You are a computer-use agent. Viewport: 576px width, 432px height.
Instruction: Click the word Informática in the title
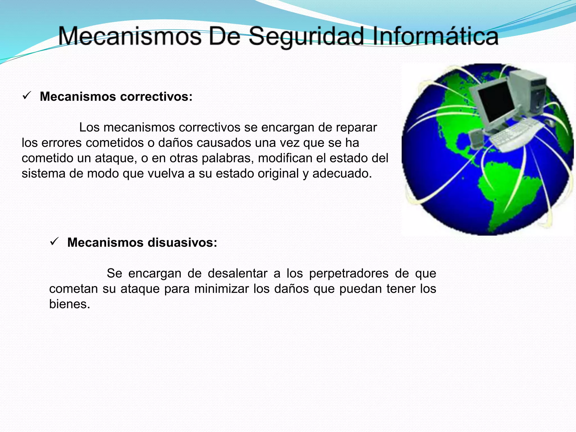tap(435, 37)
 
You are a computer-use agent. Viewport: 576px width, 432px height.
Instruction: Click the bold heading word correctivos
tap(156, 96)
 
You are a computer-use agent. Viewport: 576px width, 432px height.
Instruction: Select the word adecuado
tap(342, 174)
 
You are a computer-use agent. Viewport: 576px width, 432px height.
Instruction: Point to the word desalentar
tap(237, 273)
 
